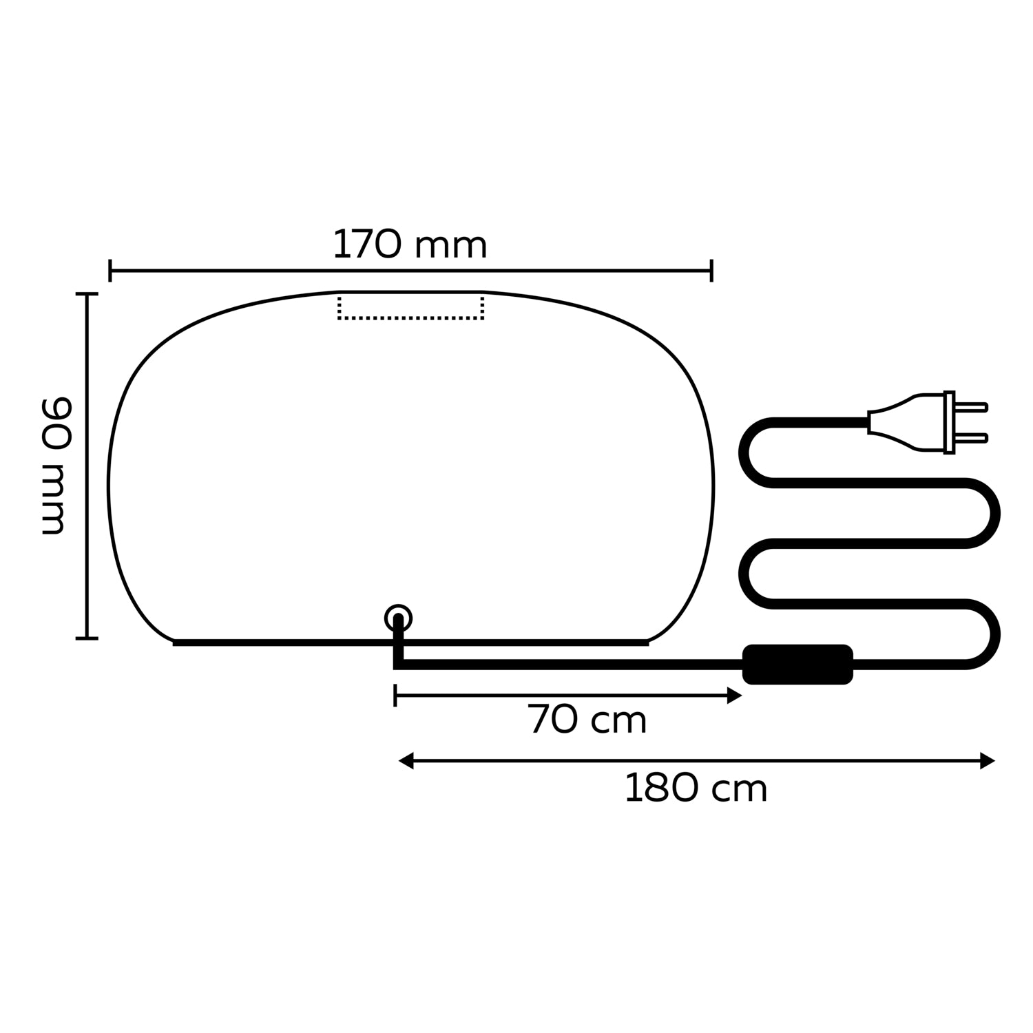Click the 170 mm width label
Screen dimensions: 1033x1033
(x=410, y=245)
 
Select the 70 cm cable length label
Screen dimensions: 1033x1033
(x=587, y=720)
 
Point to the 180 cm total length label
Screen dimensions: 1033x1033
(x=696, y=789)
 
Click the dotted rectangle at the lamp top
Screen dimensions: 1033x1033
(x=410, y=306)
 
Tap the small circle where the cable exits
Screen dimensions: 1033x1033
(x=398, y=618)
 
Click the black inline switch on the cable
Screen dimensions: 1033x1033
(x=797, y=665)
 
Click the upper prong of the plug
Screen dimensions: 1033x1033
(x=972, y=407)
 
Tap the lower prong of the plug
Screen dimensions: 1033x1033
(x=972, y=437)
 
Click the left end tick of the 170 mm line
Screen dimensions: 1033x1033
(x=110, y=271)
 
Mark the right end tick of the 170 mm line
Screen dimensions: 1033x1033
(x=711, y=271)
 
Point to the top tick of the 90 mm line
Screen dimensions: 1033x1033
(x=87, y=294)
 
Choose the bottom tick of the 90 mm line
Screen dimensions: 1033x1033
(x=87, y=638)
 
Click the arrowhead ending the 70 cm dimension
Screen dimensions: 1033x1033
(x=735, y=696)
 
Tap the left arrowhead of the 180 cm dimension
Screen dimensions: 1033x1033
(x=406, y=761)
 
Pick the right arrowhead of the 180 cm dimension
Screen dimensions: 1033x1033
(x=988, y=761)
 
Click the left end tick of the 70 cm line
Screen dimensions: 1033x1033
(x=395, y=696)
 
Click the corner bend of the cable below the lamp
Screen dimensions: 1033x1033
(x=397, y=665)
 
